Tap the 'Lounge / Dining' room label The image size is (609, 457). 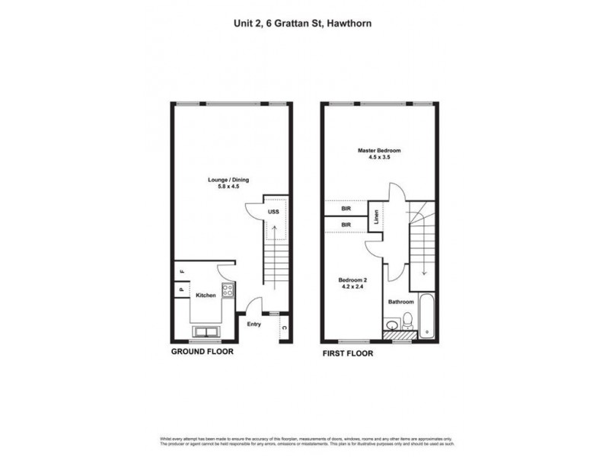point(229,180)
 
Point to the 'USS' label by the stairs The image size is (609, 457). point(273,213)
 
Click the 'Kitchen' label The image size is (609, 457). point(206,295)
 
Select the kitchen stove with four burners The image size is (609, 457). point(226,290)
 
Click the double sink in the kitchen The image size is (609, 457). point(205,331)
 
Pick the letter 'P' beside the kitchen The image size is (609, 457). point(182,289)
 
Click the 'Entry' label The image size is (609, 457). point(253,324)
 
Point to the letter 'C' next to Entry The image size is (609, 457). point(284,328)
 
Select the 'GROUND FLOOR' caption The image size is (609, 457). point(202,353)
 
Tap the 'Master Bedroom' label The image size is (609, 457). point(379,150)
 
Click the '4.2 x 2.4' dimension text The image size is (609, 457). point(352,288)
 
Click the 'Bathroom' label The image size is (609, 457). point(400,302)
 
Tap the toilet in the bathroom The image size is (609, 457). point(409,320)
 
